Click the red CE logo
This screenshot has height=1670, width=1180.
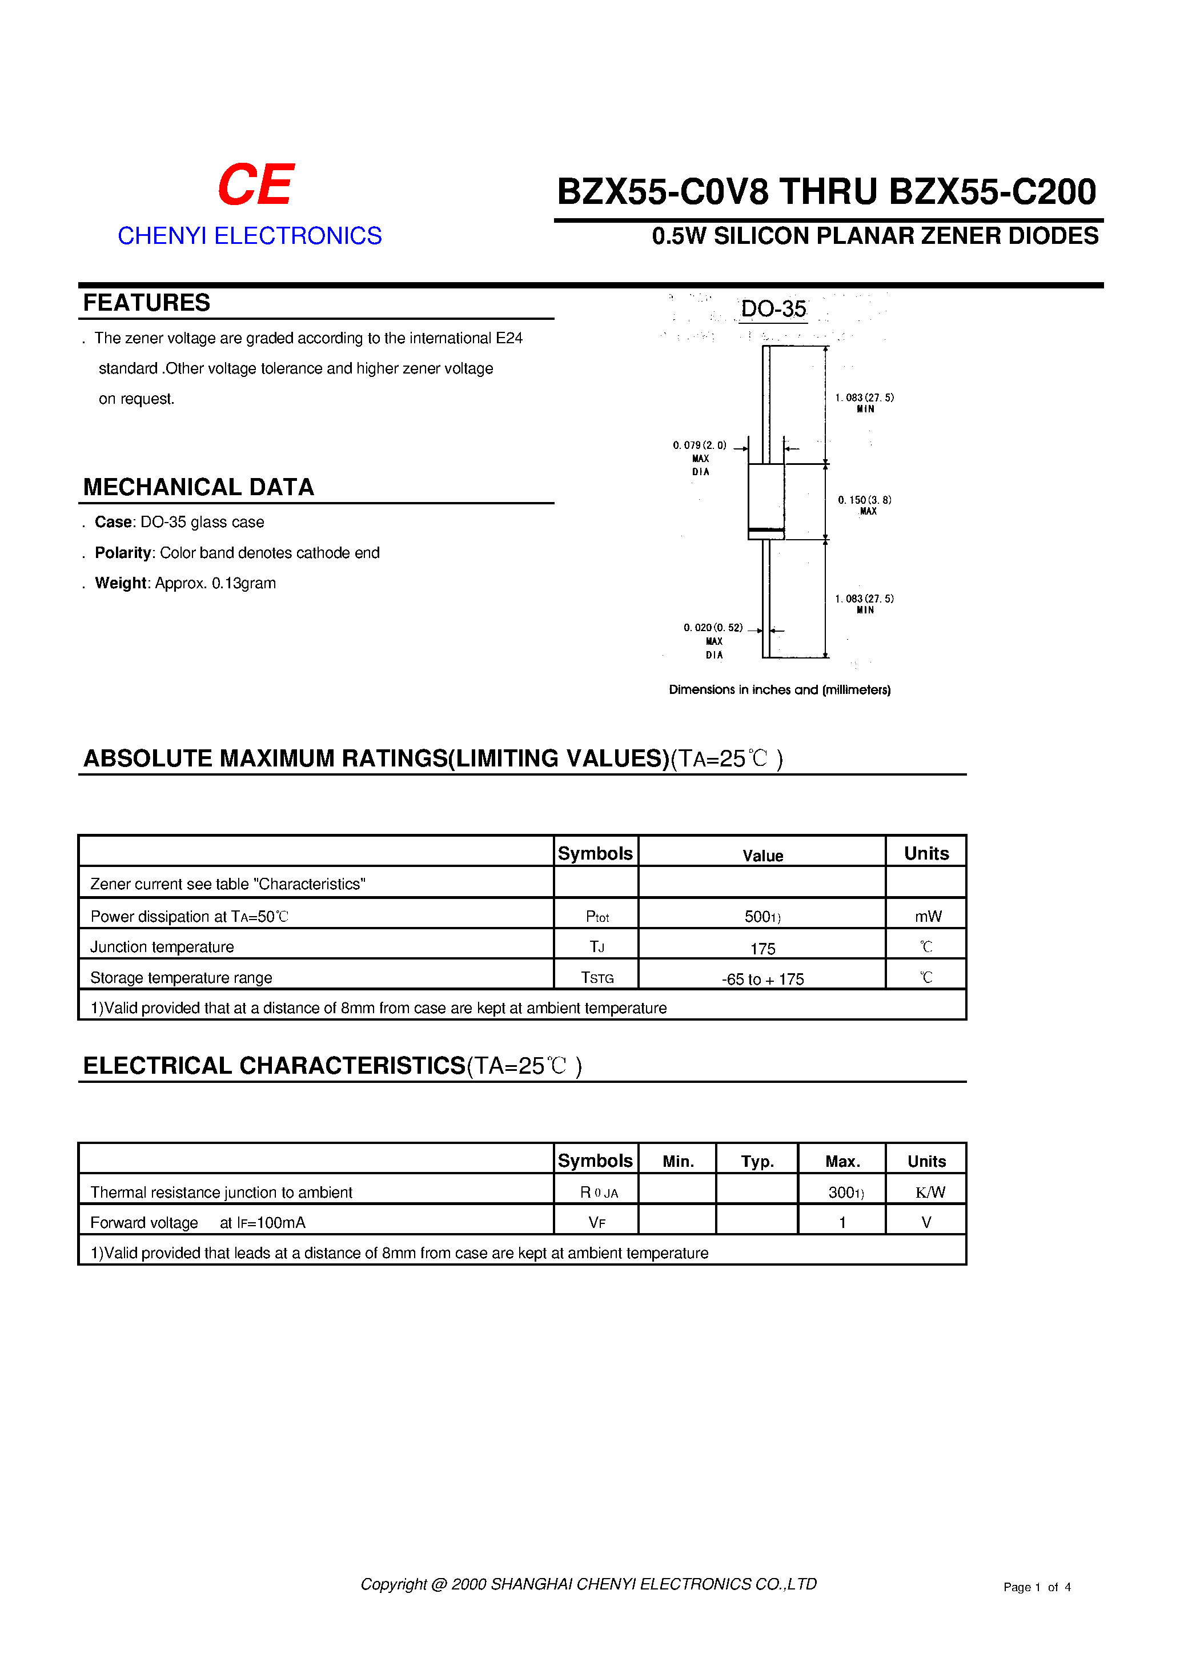click(255, 184)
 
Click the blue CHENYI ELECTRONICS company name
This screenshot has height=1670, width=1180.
click(250, 236)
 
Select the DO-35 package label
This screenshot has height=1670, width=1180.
click(773, 309)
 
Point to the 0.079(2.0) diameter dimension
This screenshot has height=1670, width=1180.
click(699, 445)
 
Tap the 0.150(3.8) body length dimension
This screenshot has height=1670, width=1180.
click(864, 500)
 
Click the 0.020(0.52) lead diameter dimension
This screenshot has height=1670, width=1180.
click(713, 628)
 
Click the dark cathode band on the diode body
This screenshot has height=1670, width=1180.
click(766, 529)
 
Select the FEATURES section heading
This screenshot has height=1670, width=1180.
click(146, 303)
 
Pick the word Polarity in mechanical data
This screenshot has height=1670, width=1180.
click(122, 553)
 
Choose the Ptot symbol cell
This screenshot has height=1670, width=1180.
click(596, 917)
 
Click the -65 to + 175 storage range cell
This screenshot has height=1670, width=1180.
click(762, 979)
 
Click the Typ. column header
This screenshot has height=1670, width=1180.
click(757, 1162)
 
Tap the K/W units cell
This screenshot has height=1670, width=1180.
click(929, 1192)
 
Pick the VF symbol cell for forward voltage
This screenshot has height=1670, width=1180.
click(596, 1223)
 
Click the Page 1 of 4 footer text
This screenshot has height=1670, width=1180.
click(1037, 1587)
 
